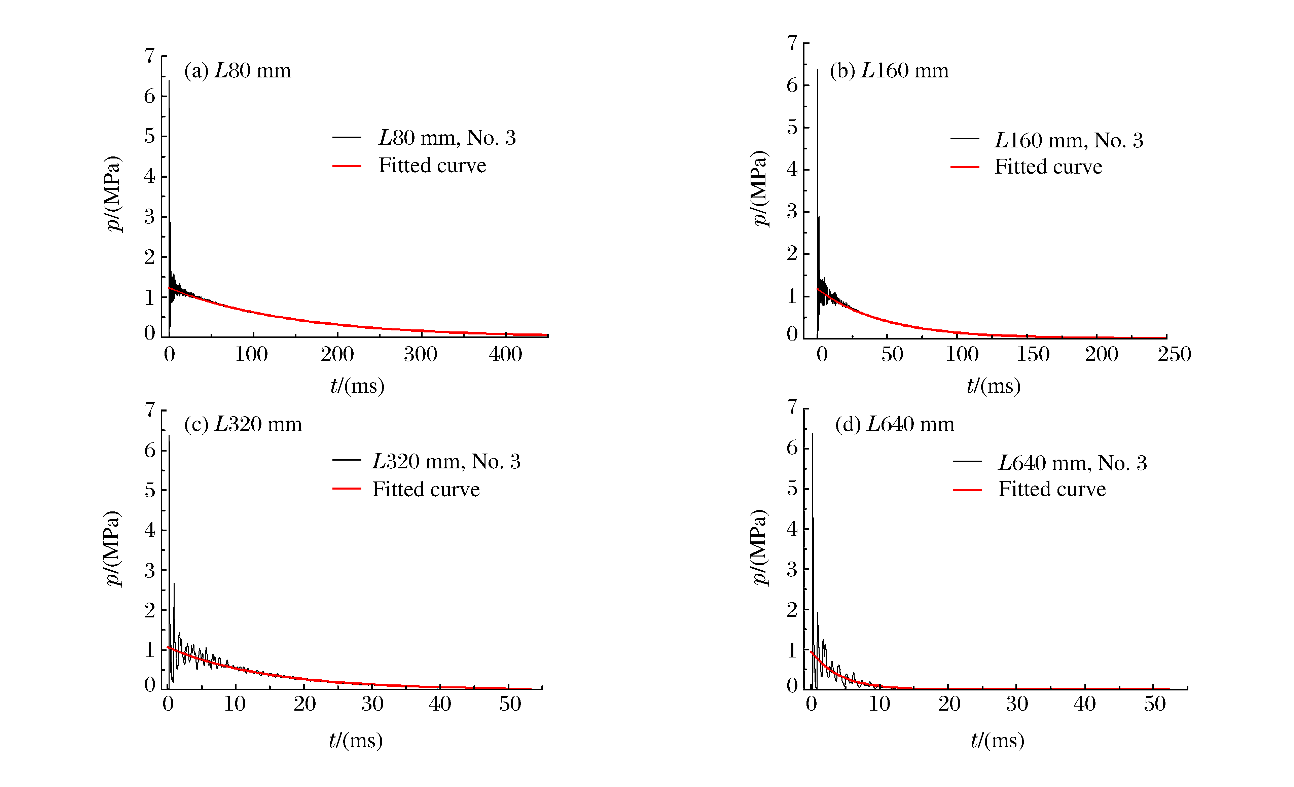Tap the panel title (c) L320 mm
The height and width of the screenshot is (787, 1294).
click(x=243, y=424)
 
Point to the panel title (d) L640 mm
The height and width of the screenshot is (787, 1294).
click(x=894, y=424)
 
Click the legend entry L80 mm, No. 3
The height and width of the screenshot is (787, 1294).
click(x=447, y=138)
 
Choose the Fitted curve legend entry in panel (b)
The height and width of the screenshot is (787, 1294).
click(x=1048, y=167)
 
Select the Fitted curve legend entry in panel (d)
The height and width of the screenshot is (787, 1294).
click(x=1052, y=489)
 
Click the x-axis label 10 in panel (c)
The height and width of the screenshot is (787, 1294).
click(x=235, y=704)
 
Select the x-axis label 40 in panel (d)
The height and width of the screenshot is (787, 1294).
click(x=1084, y=704)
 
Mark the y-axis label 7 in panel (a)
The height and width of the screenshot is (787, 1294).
click(x=150, y=56)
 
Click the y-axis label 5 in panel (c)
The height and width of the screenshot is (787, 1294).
click(x=150, y=490)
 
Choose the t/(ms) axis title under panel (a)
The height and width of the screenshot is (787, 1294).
click(x=357, y=386)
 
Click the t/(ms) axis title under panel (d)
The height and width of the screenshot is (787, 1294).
click(x=997, y=740)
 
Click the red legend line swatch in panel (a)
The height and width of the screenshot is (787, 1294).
click(x=347, y=166)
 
